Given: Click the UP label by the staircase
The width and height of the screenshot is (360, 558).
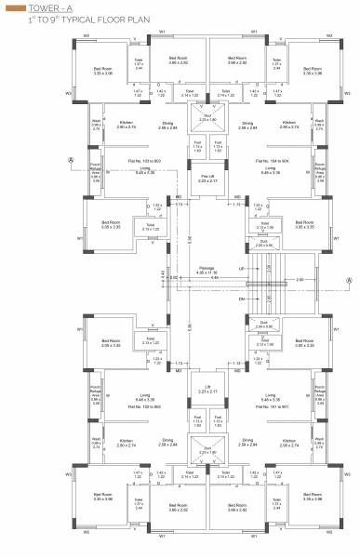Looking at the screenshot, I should [x=242, y=266].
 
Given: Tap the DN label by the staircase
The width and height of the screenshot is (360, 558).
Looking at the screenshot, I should [x=242, y=299].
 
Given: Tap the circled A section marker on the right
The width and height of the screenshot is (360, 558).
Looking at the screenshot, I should [x=349, y=277].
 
